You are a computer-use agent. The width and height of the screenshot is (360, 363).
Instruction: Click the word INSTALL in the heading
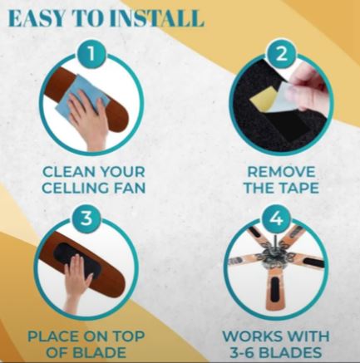[159, 18]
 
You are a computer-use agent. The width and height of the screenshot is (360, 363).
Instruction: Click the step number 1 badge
[91, 54]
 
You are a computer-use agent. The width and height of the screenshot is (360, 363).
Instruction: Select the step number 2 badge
[282, 54]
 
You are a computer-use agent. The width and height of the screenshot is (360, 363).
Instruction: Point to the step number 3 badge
[86, 218]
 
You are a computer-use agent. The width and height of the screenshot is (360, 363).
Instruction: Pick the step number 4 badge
[275, 218]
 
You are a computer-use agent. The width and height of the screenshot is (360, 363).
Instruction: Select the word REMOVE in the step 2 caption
[281, 172]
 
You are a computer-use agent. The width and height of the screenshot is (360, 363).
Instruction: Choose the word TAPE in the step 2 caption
[298, 188]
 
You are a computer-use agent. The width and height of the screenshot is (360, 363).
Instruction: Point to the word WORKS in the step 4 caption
[250, 336]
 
